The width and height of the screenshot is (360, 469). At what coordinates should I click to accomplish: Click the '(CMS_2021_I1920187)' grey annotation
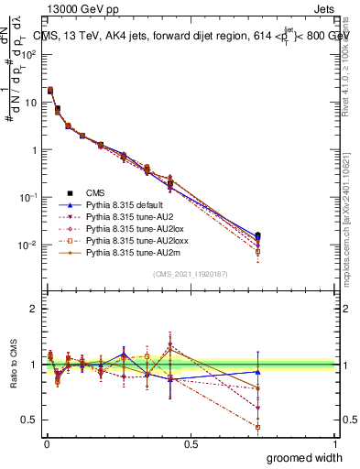click(191, 275)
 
